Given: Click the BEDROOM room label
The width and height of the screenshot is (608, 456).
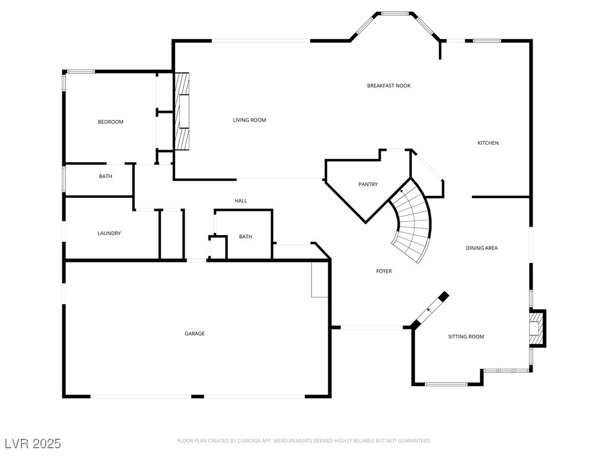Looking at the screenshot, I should pos(110,122).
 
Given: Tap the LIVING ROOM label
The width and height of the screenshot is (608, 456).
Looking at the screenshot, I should pos(249,120).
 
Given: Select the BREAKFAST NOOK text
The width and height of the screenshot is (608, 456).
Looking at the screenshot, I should pos(388,85).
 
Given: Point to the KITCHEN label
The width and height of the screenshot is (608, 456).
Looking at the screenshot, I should pos(488,142).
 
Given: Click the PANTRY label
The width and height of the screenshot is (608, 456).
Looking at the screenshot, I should pos(368,184).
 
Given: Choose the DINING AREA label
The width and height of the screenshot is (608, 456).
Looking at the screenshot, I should pos(482,248).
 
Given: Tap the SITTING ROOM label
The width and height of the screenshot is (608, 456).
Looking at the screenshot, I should pos(465,337).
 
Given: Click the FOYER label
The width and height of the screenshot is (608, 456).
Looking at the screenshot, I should pos(384,271).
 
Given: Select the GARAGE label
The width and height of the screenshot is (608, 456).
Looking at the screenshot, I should pos(194,334).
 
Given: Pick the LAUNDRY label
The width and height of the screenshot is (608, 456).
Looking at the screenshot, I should pos(109,233).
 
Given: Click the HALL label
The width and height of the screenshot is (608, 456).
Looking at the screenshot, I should pos(240,201).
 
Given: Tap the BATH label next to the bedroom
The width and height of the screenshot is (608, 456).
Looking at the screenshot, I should pos(105,176).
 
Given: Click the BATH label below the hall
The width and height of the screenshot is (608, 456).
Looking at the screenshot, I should pos(245,236).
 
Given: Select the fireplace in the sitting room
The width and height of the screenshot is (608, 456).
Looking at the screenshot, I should pos(537,328).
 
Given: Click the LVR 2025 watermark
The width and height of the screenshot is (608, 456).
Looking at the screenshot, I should pos(32,444).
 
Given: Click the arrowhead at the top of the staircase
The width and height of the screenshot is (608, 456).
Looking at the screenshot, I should pos(402,191).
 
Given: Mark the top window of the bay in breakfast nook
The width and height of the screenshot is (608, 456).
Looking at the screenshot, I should pos(395,13).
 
